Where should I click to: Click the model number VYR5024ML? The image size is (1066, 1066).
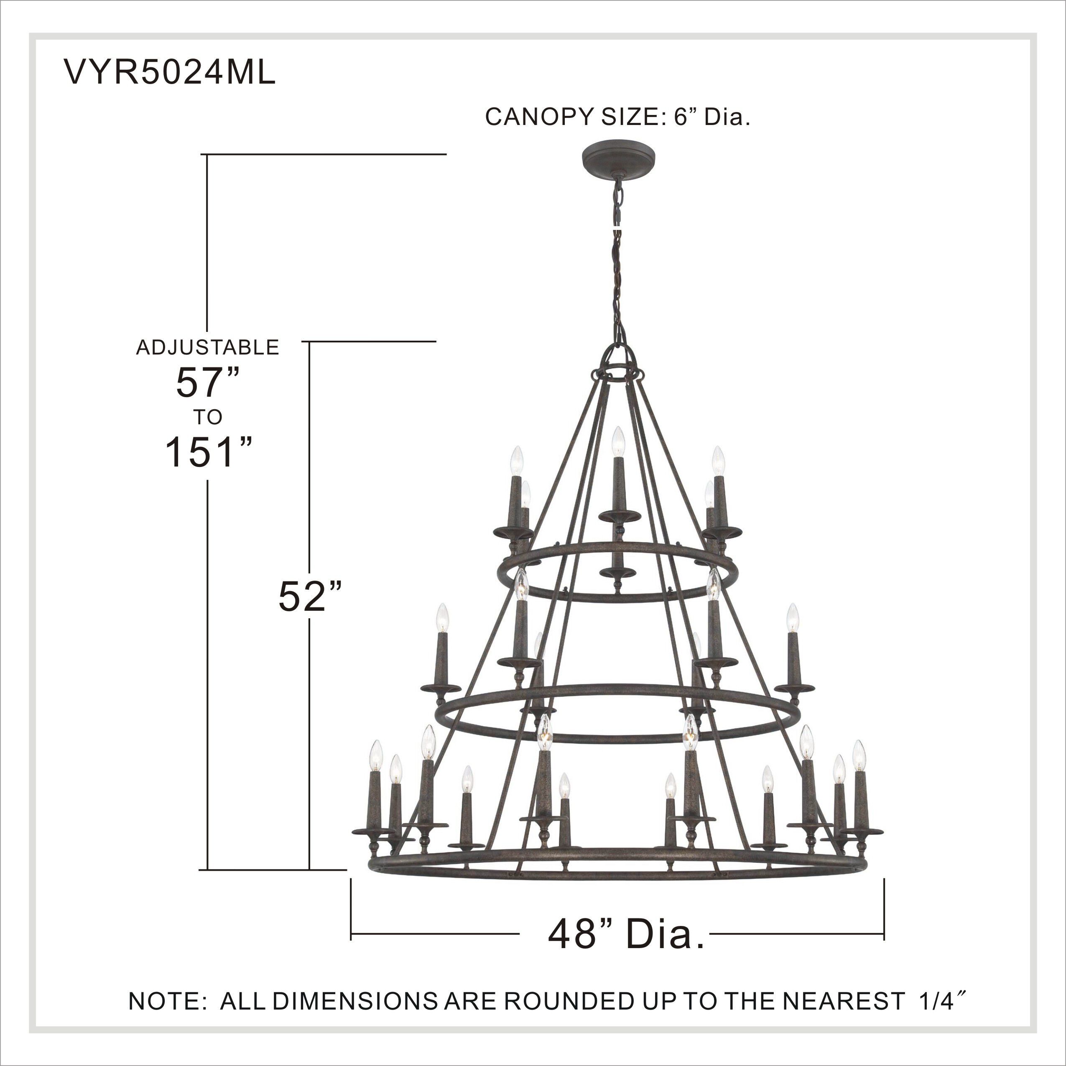point(170,73)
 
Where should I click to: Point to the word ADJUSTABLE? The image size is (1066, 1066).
point(207,347)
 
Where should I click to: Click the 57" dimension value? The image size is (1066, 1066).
point(207,383)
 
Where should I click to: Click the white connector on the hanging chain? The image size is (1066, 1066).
point(617,226)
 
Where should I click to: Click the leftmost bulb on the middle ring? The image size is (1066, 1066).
point(441,619)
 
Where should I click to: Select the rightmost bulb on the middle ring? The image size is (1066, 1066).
point(793,619)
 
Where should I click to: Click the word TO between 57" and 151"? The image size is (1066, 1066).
point(207,417)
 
